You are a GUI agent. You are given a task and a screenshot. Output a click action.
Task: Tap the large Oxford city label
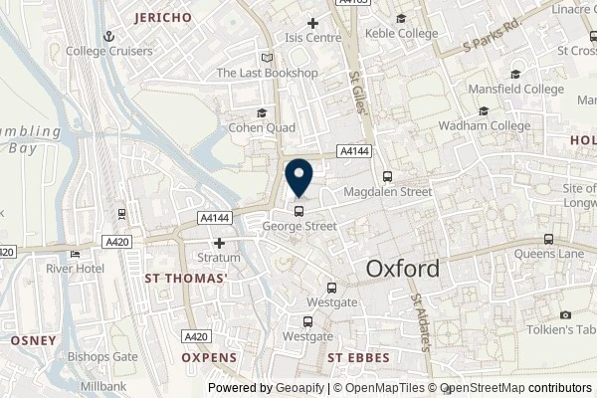coord(402,269)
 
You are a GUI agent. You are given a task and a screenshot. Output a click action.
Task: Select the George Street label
coord(299,226)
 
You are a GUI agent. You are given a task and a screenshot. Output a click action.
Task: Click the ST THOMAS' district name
coord(186,278)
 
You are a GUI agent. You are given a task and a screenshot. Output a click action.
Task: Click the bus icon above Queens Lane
coord(547,239)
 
